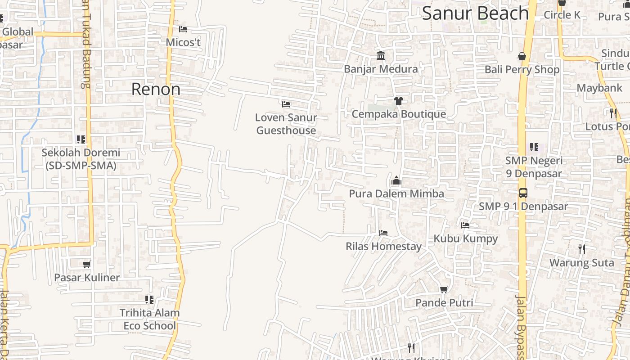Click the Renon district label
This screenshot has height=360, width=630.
[x=156, y=89]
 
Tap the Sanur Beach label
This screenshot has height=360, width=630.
[x=475, y=13]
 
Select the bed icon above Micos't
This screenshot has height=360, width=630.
[x=183, y=29]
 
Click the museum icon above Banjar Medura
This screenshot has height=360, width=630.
[x=381, y=56]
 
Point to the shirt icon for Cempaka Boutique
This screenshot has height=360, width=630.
[x=398, y=100]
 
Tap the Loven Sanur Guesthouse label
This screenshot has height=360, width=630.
[x=286, y=124]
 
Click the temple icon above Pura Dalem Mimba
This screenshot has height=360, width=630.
[x=396, y=181]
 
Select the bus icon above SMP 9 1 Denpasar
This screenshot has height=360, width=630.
[x=523, y=193]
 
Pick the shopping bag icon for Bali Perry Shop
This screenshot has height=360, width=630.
[x=522, y=56]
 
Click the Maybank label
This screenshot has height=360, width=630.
[x=599, y=88]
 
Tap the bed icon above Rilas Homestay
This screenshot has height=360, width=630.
[x=383, y=233]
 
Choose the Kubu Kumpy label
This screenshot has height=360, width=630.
[x=466, y=238]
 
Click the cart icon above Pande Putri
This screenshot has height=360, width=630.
[x=444, y=289]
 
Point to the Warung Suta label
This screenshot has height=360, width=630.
[x=581, y=262]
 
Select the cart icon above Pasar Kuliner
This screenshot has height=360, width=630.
[x=87, y=264]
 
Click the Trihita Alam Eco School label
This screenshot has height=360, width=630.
[x=149, y=319]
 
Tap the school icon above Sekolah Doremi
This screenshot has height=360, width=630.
[x=81, y=139]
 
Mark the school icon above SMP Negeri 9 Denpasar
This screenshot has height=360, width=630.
[x=534, y=147]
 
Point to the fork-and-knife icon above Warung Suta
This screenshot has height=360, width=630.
[x=582, y=249]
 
